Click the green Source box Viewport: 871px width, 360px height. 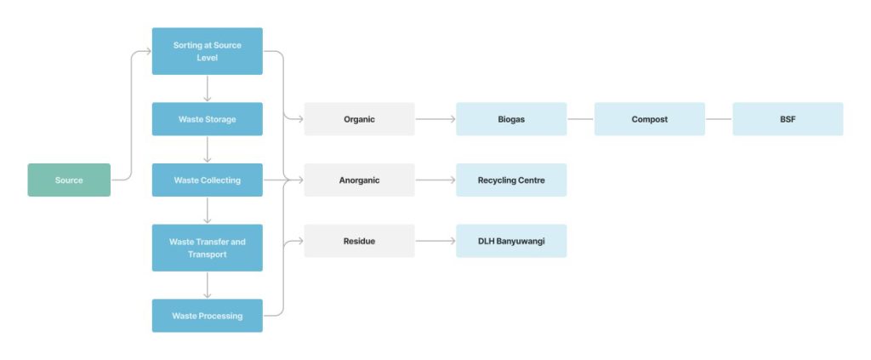point(69,180)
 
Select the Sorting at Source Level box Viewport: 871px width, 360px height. point(208,51)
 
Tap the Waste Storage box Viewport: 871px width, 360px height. point(208,119)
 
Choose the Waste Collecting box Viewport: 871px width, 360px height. point(208,180)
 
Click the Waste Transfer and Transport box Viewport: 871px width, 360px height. point(208,248)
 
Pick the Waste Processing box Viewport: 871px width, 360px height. point(208,316)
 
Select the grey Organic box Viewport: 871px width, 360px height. point(360,119)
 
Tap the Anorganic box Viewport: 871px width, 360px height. point(360,180)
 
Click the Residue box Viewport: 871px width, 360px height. point(360,241)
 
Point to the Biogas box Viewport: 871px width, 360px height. point(511,119)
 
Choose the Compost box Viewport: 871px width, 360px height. point(649,119)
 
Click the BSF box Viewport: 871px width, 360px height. point(788,119)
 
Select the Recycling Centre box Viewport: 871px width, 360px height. point(511,180)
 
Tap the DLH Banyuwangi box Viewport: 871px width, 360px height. point(511,241)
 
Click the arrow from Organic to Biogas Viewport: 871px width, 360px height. point(435,119)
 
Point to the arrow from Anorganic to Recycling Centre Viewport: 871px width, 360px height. point(435,180)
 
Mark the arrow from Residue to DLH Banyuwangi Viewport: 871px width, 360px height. point(435,241)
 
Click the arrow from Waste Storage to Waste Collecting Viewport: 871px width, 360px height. point(208,150)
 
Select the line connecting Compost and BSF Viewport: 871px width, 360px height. point(719,119)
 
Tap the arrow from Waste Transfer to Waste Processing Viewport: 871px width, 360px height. point(208,285)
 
